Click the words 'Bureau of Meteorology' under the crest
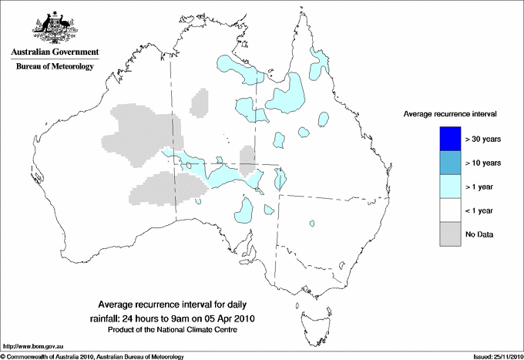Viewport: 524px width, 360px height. point(54,66)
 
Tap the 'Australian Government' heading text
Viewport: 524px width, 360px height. point(54,52)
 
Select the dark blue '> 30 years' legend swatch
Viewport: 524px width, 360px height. point(444,138)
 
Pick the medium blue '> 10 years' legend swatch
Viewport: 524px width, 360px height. point(444,162)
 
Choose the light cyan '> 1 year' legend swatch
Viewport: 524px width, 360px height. point(444,186)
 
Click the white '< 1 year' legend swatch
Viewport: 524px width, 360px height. point(444,210)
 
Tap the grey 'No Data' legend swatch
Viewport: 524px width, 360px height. point(444,234)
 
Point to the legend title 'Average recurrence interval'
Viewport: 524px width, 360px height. point(450,113)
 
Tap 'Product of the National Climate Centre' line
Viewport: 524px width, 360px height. point(178,330)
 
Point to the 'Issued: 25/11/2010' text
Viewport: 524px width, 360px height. point(492,355)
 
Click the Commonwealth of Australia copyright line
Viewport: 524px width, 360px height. point(92,355)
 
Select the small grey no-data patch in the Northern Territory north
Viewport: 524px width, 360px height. point(200,102)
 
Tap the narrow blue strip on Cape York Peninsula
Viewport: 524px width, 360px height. point(317,65)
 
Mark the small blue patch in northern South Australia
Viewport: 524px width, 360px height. point(246,209)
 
